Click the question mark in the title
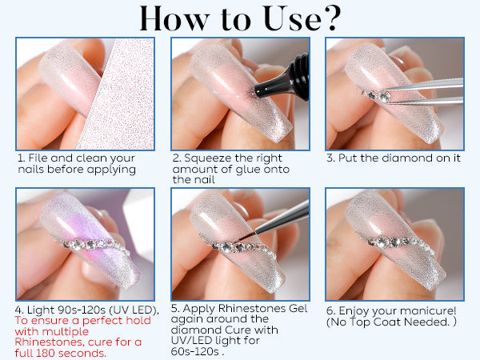click(x=331, y=18)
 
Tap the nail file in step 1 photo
click(x=118, y=94)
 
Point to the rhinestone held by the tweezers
click(x=383, y=96)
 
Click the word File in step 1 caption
click(x=38, y=158)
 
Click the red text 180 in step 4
click(x=46, y=353)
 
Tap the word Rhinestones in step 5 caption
click(x=252, y=308)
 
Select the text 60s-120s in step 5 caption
click(x=194, y=351)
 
